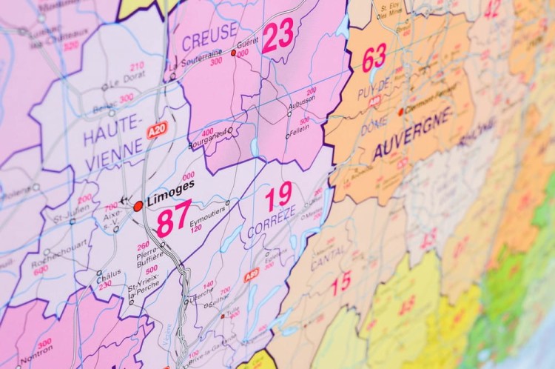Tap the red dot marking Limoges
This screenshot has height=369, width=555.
pyautogui.click(x=138, y=205)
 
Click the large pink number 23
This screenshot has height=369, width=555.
pyautogui.click(x=278, y=35)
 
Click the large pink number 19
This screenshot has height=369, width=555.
pyautogui.click(x=278, y=196)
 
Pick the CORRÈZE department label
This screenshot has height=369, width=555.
pyautogui.click(x=272, y=222)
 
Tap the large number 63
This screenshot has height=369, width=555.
pyautogui.click(x=374, y=57)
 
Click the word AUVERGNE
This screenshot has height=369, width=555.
pyautogui.click(x=411, y=134)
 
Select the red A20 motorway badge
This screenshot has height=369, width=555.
pyautogui.click(x=156, y=130)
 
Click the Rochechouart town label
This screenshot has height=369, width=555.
pyautogui.click(x=50, y=261)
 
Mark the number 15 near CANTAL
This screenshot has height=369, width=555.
pyautogui.click(x=341, y=283)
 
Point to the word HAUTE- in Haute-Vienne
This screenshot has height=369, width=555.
pyautogui.click(x=111, y=136)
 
